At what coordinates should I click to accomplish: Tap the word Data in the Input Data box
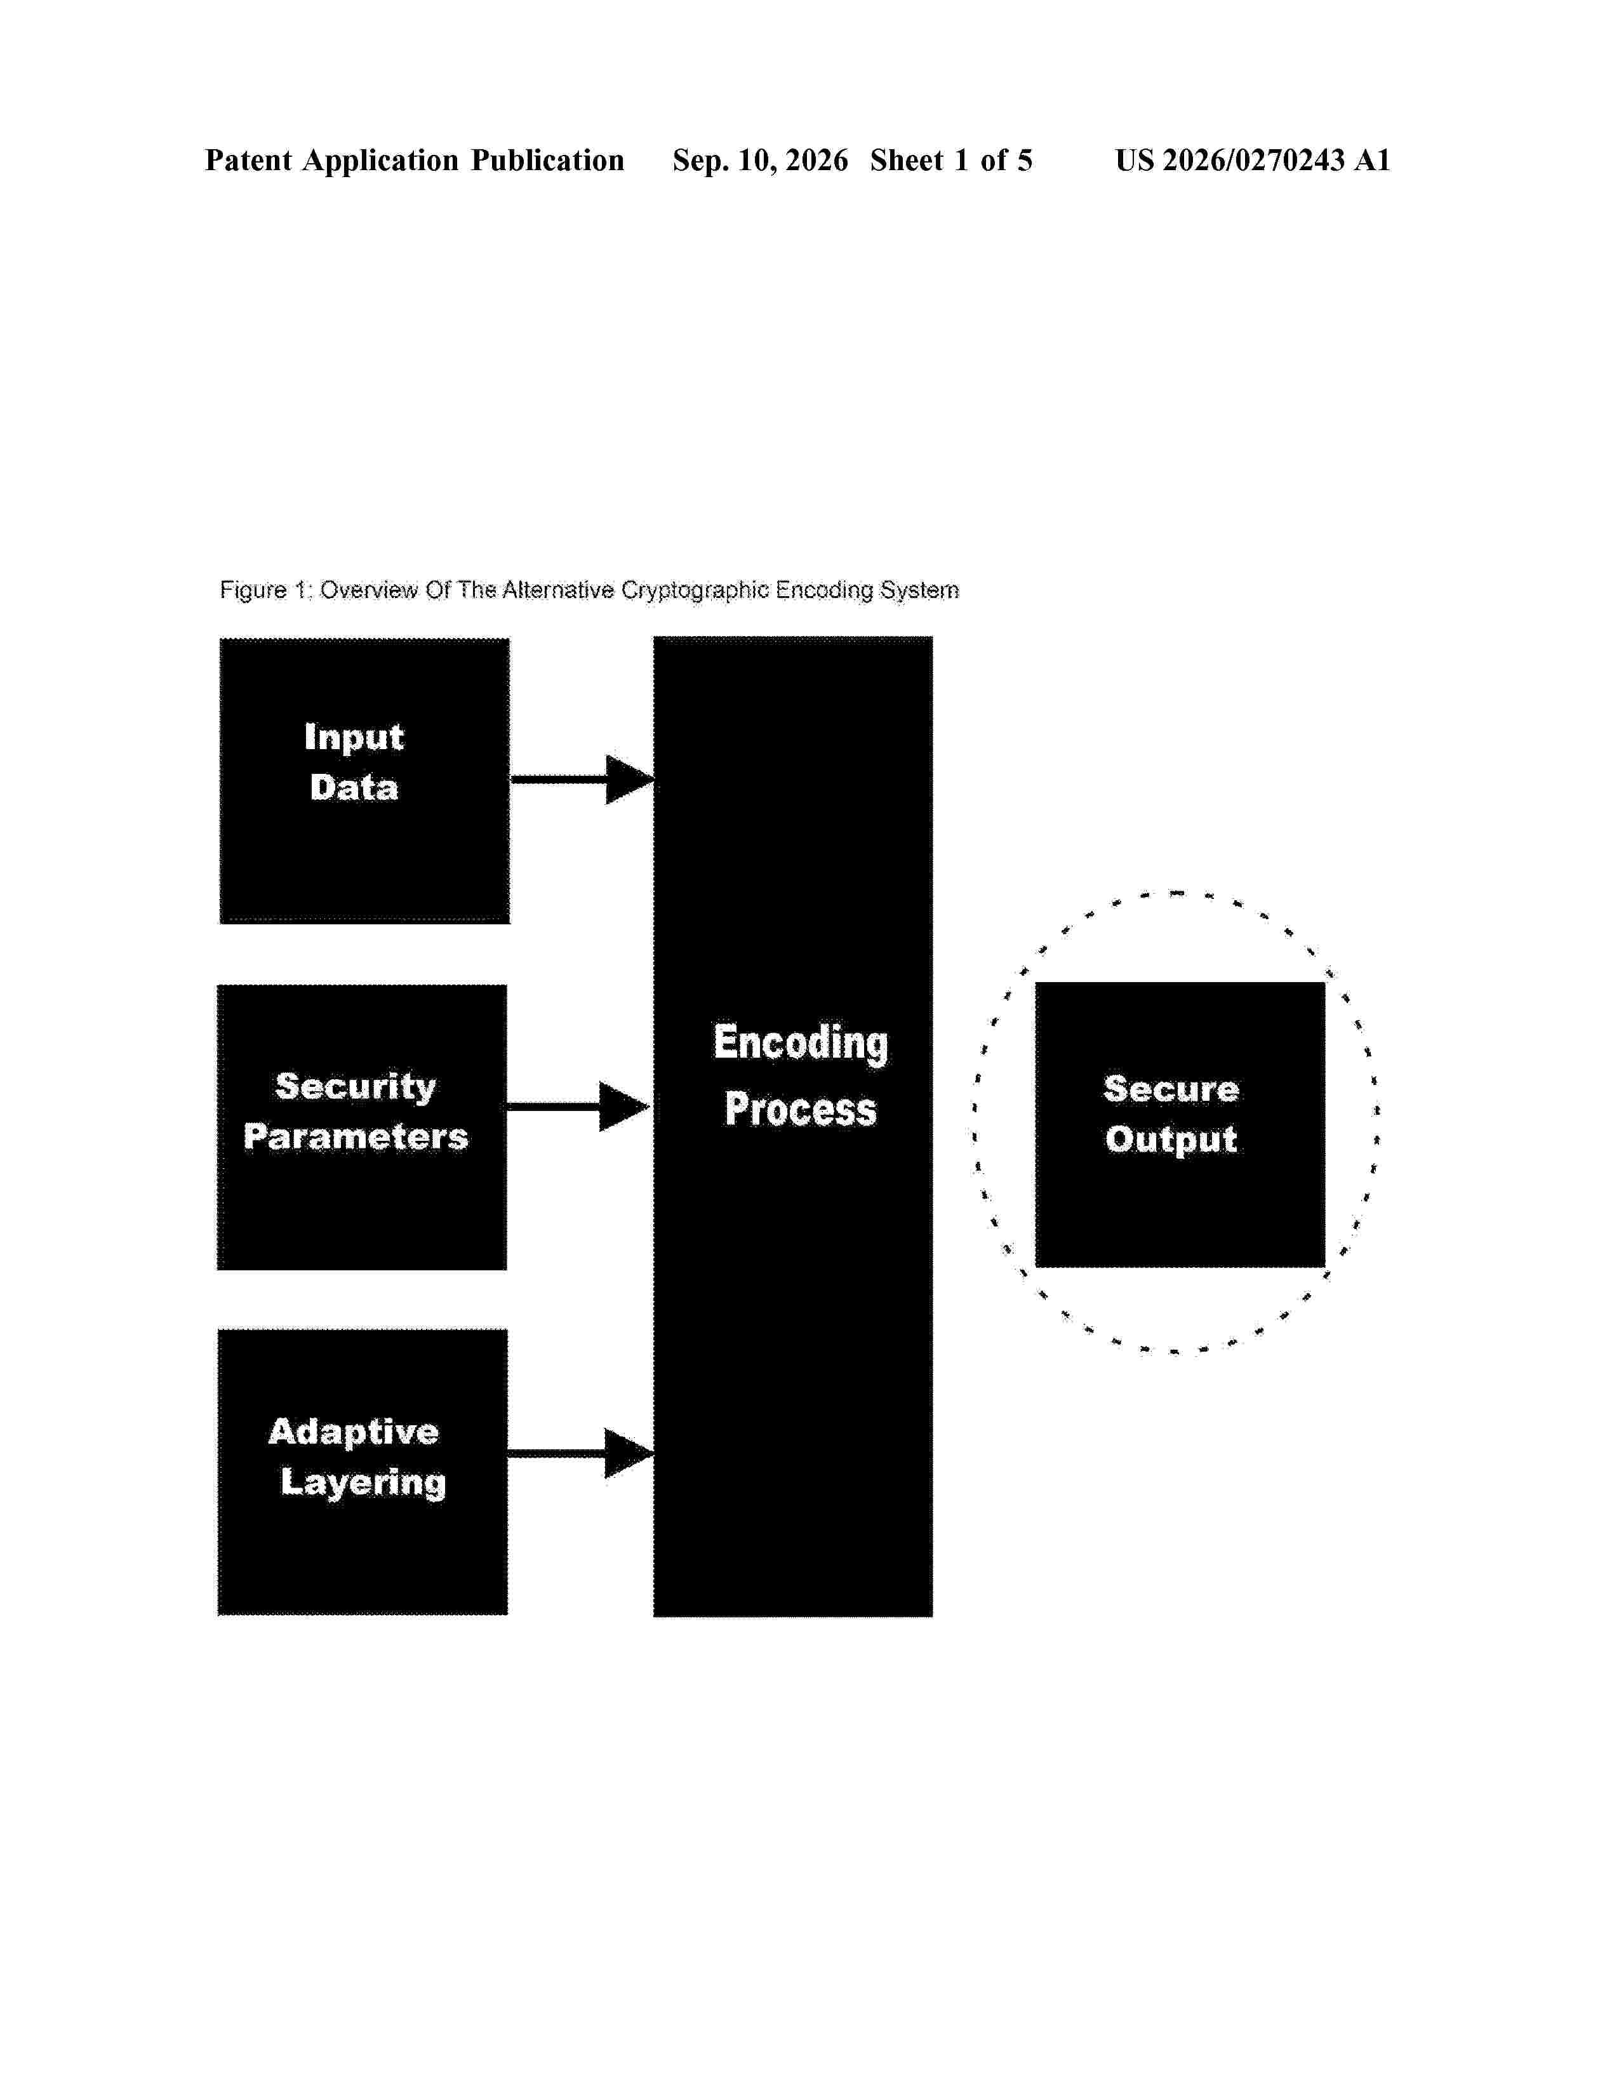tap(354, 788)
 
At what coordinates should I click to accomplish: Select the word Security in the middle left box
tap(356, 1087)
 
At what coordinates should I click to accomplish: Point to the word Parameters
tap(356, 1137)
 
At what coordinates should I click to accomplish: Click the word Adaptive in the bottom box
tap(354, 1432)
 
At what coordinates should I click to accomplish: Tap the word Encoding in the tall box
tap(801, 1044)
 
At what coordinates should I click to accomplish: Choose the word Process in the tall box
tap(801, 1109)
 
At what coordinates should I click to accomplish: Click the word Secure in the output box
tap(1171, 1089)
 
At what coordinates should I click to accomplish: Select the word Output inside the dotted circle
tap(1171, 1140)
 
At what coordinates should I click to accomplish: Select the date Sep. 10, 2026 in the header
tap(761, 160)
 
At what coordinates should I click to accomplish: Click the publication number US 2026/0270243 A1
tap(1253, 160)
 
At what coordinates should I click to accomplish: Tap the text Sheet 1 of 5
tap(952, 160)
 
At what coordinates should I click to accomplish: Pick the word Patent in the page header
tap(248, 160)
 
